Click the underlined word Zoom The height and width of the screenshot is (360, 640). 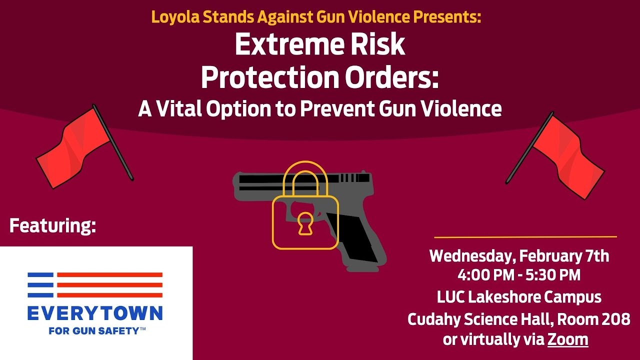[x=567, y=339]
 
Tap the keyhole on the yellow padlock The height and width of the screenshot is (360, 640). [x=304, y=223]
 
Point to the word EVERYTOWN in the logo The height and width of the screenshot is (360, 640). [x=95, y=313]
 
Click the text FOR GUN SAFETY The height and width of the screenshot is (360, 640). [x=97, y=330]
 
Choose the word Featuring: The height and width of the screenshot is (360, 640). [x=52, y=225]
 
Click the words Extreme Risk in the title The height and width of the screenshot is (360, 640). [x=319, y=44]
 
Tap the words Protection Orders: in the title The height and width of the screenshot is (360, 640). [x=319, y=77]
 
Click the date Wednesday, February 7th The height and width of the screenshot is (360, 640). [x=519, y=256]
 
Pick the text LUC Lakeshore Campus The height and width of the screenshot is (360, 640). [x=519, y=297]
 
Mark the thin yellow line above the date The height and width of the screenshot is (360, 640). [x=525, y=237]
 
